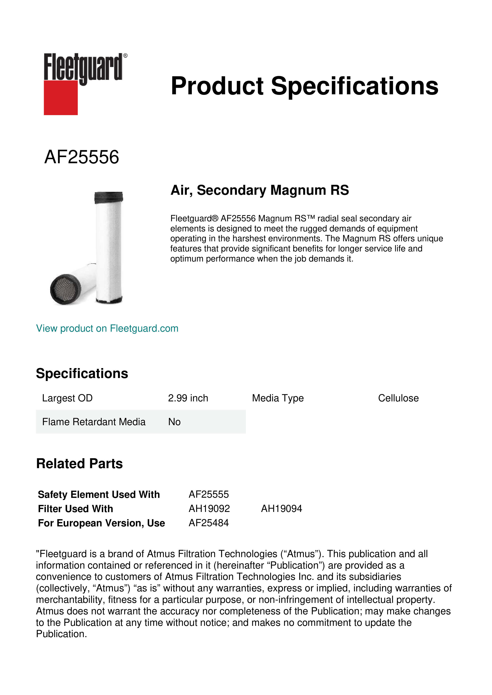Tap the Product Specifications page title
click(x=304, y=86)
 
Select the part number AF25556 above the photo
click(x=82, y=157)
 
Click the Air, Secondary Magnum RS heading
click(x=260, y=190)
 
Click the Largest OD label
click(x=67, y=398)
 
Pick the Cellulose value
click(x=398, y=398)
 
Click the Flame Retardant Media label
click(x=94, y=422)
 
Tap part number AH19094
click(x=281, y=509)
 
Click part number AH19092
click(x=209, y=509)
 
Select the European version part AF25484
click(x=209, y=523)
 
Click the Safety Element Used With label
click(x=99, y=495)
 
